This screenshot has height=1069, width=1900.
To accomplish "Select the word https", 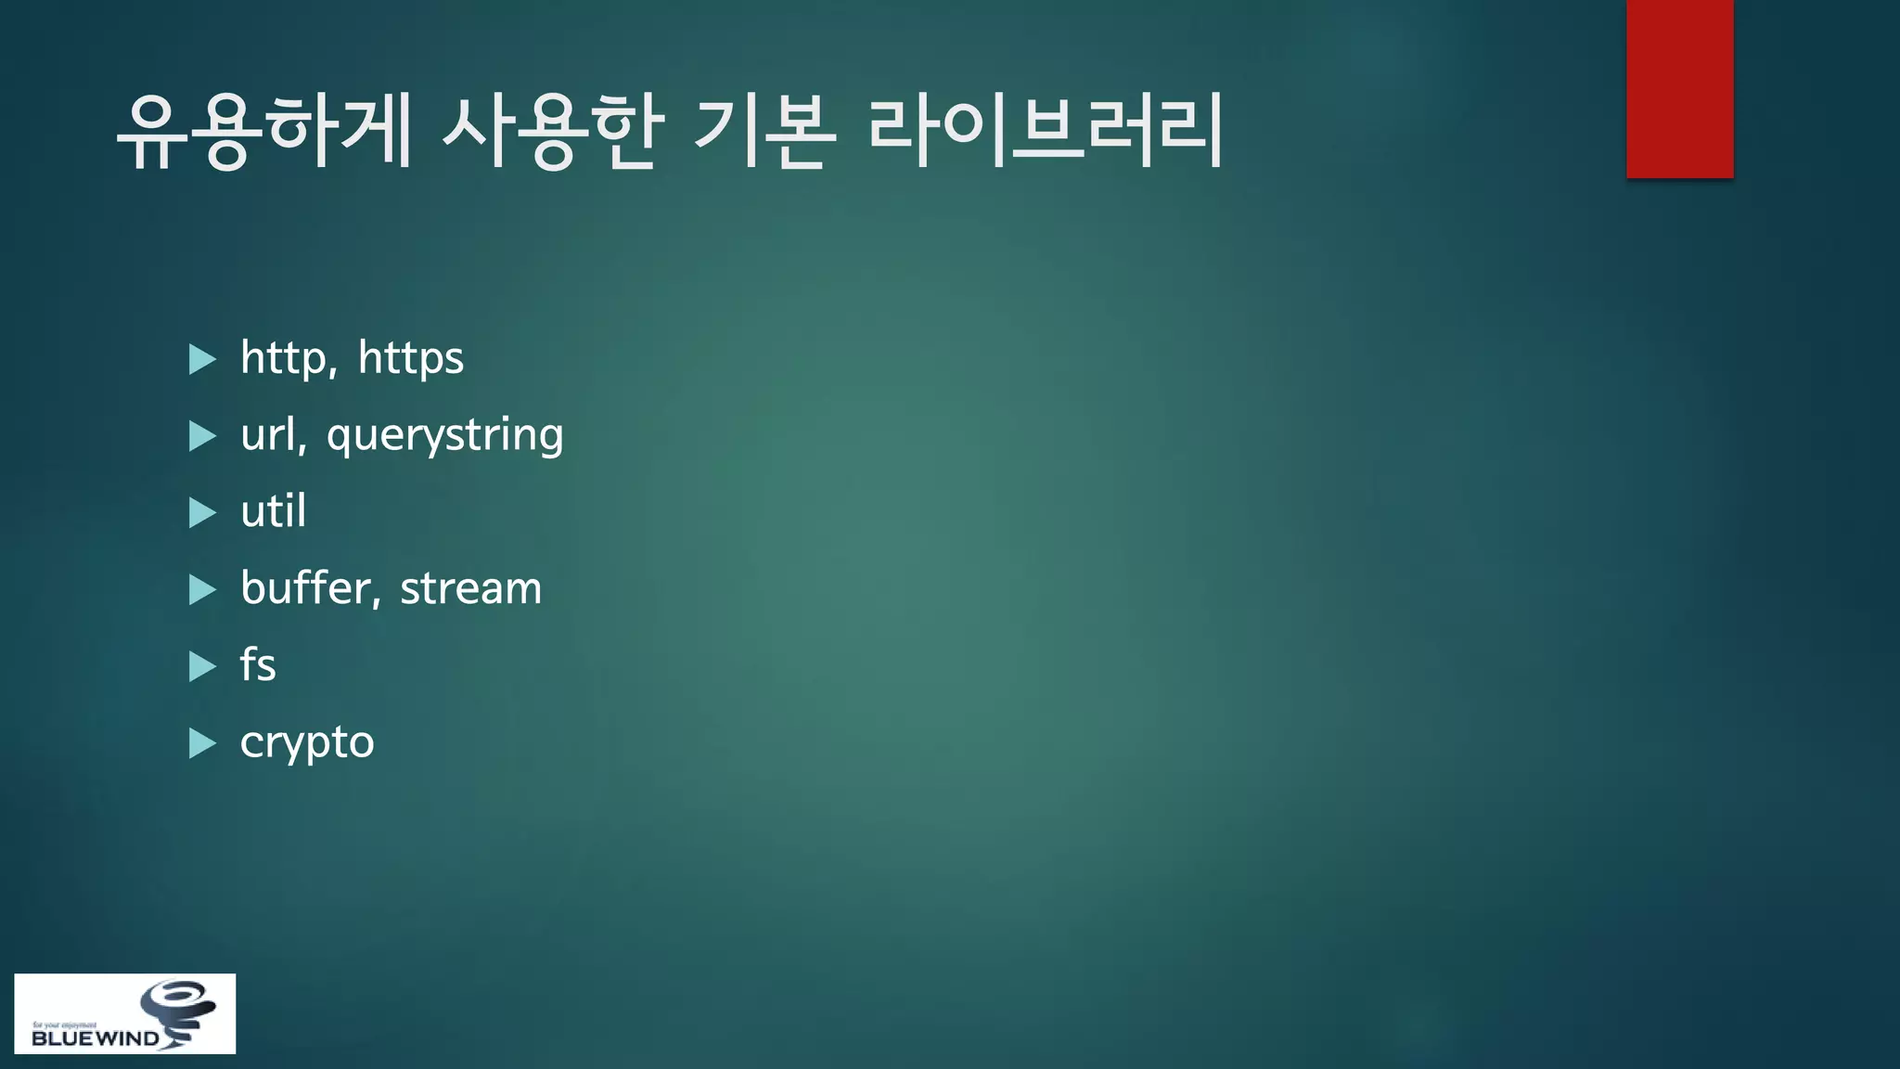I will [x=410, y=358].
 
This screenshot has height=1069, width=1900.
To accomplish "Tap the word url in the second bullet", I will [x=271, y=434].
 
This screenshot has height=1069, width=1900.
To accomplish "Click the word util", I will [x=273, y=511].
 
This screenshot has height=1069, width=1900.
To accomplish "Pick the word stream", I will [x=470, y=588].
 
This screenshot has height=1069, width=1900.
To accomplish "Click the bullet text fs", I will [x=258, y=665].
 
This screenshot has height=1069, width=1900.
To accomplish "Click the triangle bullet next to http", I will [x=201, y=359].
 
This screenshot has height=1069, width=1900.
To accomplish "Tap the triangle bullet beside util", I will [x=201, y=513].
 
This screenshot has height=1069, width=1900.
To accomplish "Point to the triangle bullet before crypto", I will [x=201, y=743].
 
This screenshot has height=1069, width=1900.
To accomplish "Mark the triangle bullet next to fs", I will [x=201, y=666].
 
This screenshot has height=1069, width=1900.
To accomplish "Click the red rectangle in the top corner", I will [x=1679, y=88].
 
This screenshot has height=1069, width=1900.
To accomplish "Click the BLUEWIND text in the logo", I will [x=95, y=1038].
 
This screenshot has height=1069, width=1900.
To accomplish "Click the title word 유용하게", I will [x=264, y=132].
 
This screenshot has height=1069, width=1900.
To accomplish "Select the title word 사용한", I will [x=552, y=132].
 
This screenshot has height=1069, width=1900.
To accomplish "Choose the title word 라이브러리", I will [x=1046, y=132].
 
